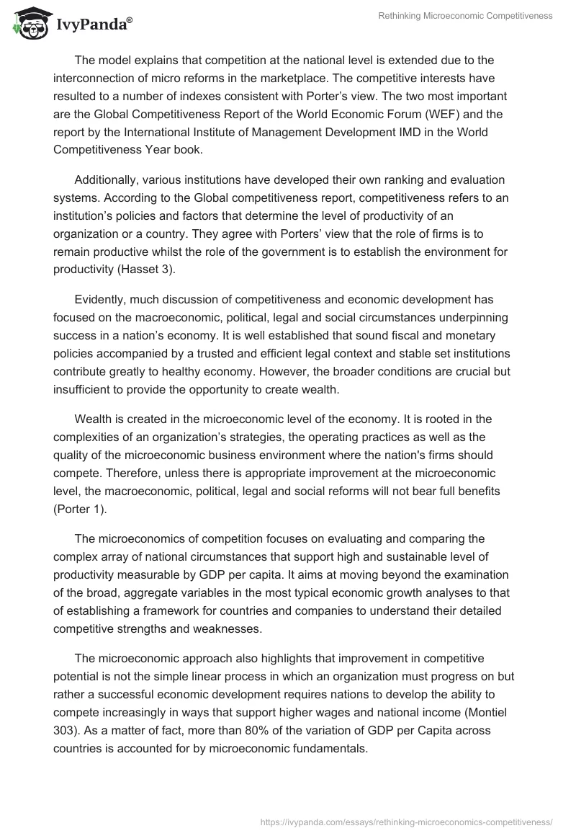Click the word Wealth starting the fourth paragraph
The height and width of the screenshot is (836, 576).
93,419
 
